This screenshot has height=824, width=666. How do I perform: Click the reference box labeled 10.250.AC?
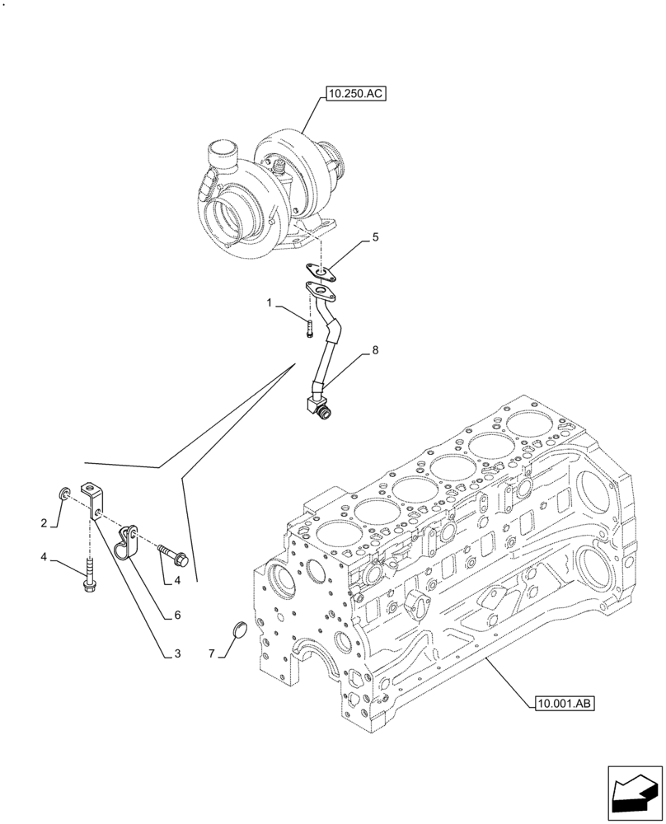[x=355, y=95]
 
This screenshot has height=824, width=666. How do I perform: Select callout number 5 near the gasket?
[x=375, y=237]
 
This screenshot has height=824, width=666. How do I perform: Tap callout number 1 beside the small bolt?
[x=269, y=303]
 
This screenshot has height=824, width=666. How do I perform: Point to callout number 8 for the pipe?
[x=375, y=350]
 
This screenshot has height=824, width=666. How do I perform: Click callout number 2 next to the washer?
[x=44, y=523]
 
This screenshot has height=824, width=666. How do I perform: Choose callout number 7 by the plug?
[x=212, y=653]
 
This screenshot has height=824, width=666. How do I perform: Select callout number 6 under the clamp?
[x=176, y=615]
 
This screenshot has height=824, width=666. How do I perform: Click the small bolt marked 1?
[x=309, y=330]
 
